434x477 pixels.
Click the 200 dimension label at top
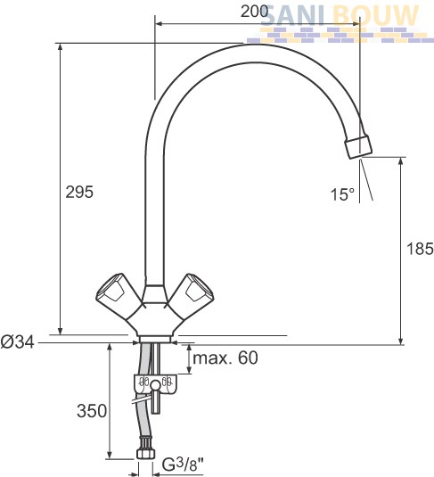click(x=254, y=12)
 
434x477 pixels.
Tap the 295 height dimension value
click(x=79, y=192)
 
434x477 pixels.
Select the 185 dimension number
click(x=420, y=249)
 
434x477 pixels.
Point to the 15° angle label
click(x=342, y=194)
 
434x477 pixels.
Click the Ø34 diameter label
click(x=17, y=342)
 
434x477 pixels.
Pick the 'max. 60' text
click(x=225, y=358)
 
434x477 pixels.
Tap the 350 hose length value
click(x=92, y=411)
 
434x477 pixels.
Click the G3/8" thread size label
click(x=183, y=465)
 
